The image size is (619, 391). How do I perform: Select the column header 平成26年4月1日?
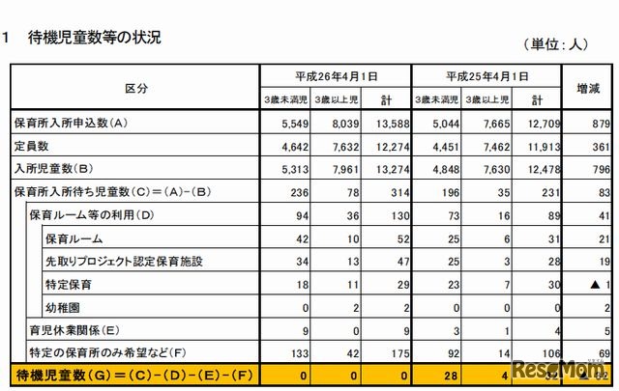click(337, 75)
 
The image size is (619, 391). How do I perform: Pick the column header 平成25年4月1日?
click(486, 75)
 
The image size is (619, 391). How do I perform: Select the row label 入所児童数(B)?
click(52, 169)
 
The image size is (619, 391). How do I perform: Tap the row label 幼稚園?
click(64, 307)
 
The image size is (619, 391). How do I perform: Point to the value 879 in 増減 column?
click(599, 123)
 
